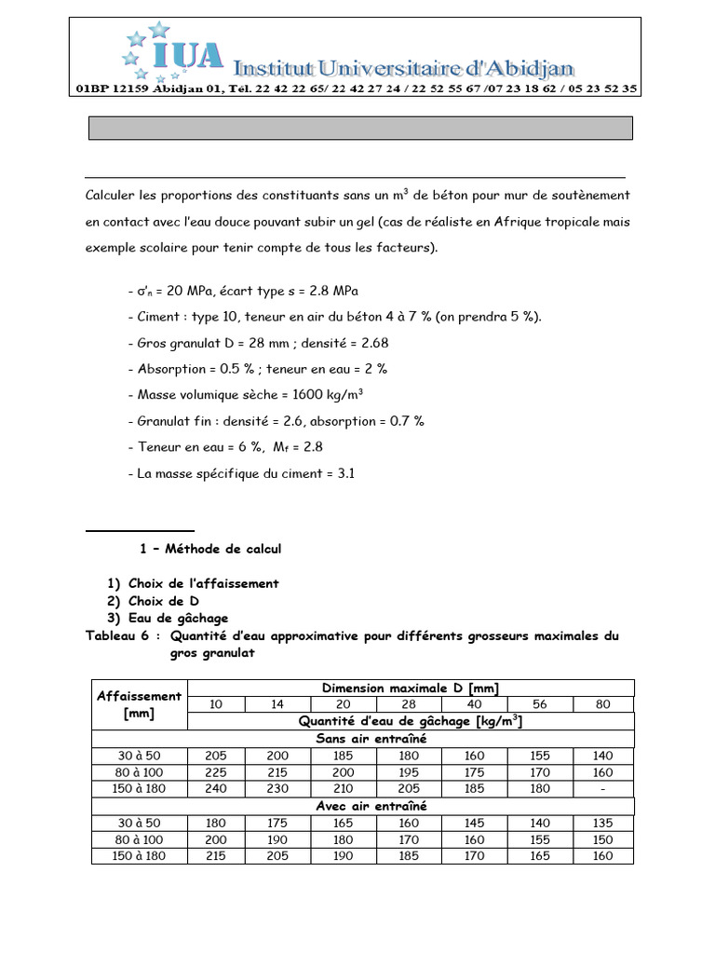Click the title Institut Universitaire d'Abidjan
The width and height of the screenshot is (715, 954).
coord(403,67)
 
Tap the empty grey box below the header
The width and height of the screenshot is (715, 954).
coord(360,128)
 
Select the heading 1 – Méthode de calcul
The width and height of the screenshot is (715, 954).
coord(209,549)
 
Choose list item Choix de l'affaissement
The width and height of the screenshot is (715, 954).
coord(203,583)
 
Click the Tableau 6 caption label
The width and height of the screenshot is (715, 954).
coord(123,635)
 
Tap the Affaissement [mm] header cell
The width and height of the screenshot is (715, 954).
coord(140,704)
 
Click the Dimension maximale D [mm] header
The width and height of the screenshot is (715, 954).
coord(411,688)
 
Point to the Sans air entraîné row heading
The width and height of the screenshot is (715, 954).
coord(363,739)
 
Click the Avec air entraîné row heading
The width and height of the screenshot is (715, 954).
coord(363,806)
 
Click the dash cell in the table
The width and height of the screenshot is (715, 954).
coord(603,788)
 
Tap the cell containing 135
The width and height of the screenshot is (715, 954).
coord(603,823)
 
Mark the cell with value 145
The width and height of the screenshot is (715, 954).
coord(475,823)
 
